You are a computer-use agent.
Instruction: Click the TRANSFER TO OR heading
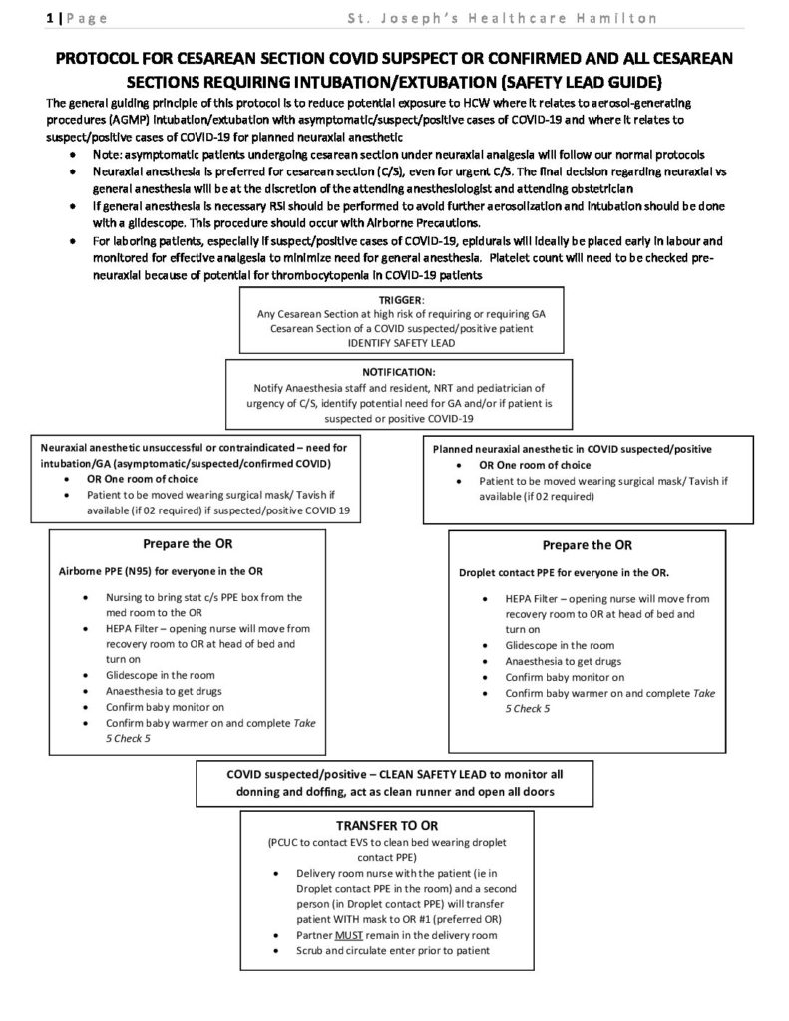[x=393, y=826]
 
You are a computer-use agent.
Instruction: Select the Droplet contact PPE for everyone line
[x=564, y=573]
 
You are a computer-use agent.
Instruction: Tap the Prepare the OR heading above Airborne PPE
[x=188, y=544]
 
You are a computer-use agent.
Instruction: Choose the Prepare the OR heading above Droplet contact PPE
[x=587, y=545]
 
